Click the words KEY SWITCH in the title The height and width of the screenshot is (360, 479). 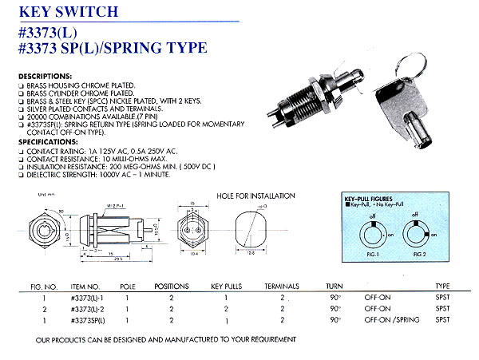pos(68,11)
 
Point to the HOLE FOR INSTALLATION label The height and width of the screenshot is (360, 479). pos(255,196)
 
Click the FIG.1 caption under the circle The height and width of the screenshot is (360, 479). pos(371,261)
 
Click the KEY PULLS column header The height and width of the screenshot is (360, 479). pos(228,286)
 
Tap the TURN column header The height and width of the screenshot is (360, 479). pos(335,286)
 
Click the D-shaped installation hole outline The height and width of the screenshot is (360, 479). pos(249,232)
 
